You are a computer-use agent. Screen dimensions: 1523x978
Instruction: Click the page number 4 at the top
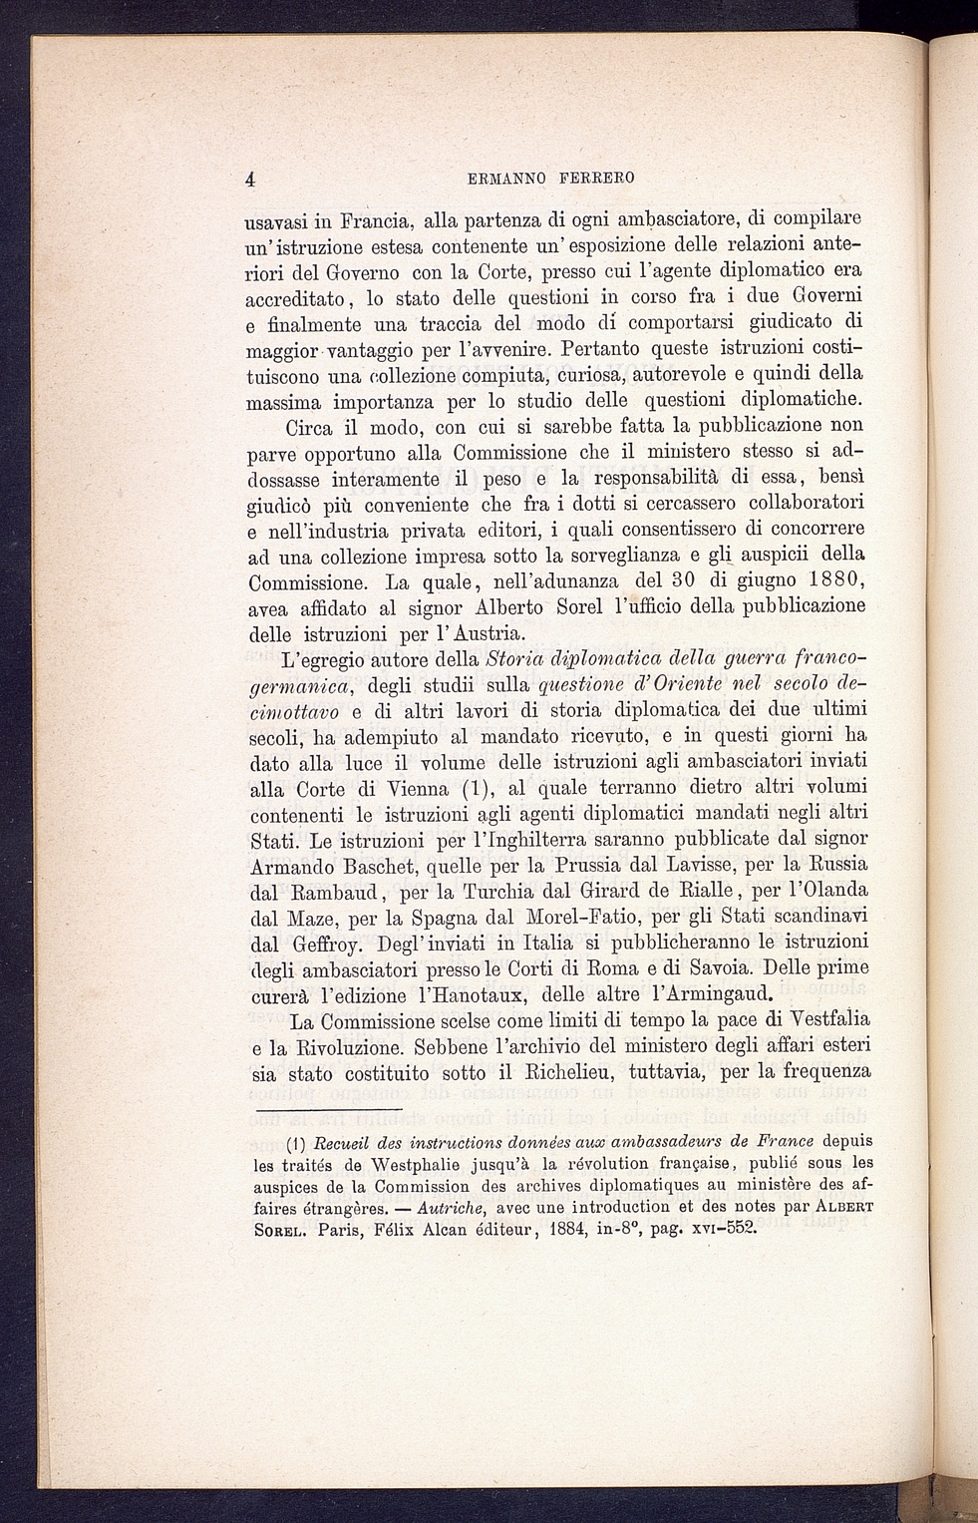click(252, 180)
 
